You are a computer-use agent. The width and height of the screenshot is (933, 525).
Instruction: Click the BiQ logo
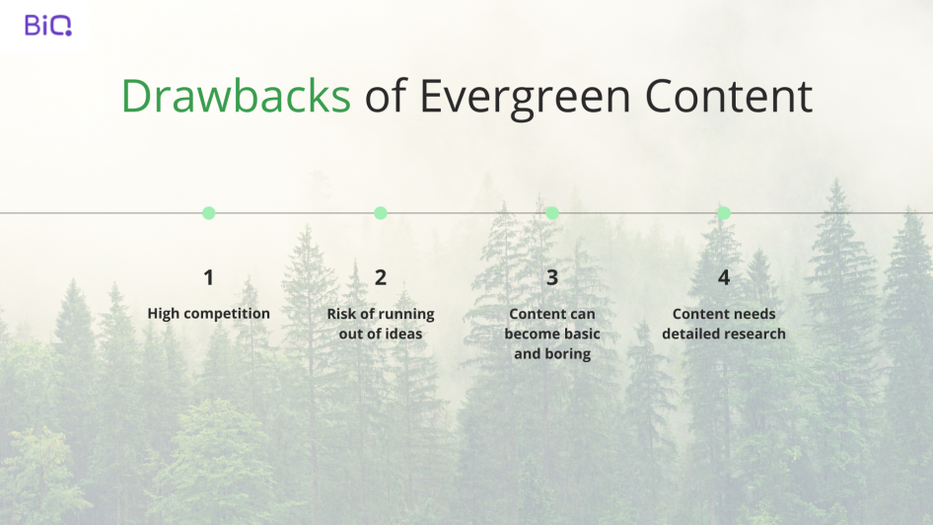coord(48,25)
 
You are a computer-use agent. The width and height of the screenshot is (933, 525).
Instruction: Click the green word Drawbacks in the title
coord(237,96)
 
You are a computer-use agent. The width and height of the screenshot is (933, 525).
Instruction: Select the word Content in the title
coord(728,96)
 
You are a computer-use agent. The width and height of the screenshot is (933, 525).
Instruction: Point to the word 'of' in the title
coord(385,95)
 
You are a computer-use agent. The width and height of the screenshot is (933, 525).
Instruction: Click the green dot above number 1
coord(209,213)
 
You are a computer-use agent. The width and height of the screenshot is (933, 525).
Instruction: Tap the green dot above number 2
coord(381,213)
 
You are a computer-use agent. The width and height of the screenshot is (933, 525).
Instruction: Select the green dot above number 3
coord(552,213)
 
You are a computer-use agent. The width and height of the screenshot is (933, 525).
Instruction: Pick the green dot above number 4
coord(724,213)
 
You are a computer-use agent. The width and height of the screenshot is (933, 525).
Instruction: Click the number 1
coord(209,277)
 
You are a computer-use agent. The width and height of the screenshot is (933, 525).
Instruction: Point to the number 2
coord(381,277)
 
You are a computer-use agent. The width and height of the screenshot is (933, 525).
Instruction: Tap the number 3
coord(552,277)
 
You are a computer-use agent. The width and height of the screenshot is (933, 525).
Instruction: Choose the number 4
coord(724,277)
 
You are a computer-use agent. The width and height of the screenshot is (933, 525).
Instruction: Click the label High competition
coord(209,314)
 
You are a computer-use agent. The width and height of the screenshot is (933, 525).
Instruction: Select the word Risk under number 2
coord(341,313)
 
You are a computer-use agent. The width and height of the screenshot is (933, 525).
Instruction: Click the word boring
coord(568,354)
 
